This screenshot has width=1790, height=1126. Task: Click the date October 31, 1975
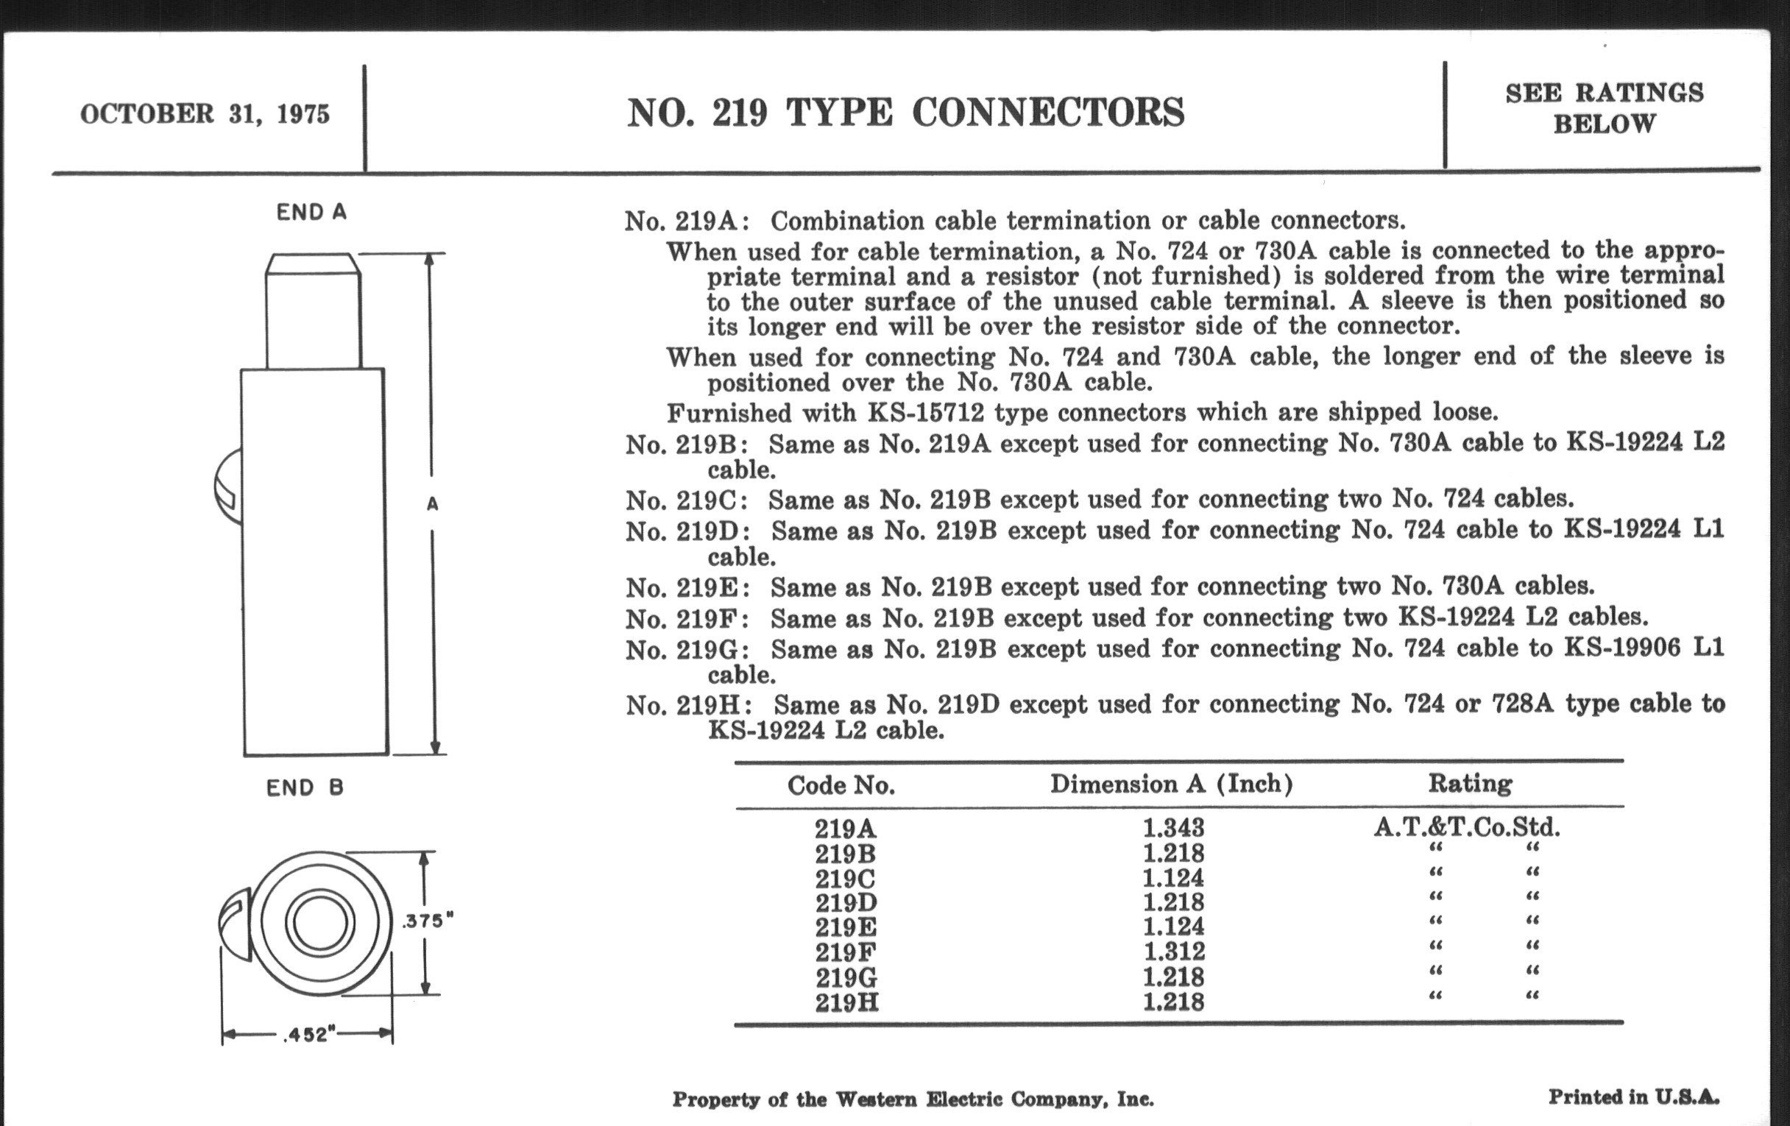click(x=205, y=114)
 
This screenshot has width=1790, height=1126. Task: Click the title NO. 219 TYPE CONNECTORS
click(x=905, y=113)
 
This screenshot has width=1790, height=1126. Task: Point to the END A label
click(x=311, y=213)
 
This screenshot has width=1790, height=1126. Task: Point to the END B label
click(x=305, y=787)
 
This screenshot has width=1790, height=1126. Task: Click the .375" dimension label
click(x=427, y=921)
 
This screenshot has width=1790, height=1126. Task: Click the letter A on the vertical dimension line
click(x=433, y=505)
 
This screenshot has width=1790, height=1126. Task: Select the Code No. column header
click(x=841, y=785)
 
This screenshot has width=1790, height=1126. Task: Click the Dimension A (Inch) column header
click(x=1171, y=784)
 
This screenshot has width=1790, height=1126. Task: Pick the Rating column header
click(x=1470, y=783)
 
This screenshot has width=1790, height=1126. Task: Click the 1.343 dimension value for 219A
click(x=1173, y=827)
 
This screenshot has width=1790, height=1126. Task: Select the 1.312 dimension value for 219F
click(x=1174, y=952)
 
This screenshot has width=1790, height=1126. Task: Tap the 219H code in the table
click(x=846, y=1002)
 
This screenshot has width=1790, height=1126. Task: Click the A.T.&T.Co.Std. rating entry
click(x=1466, y=827)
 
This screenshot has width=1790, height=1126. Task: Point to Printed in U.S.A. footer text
click(x=1633, y=1097)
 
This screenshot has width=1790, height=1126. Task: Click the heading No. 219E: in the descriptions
click(x=687, y=588)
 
